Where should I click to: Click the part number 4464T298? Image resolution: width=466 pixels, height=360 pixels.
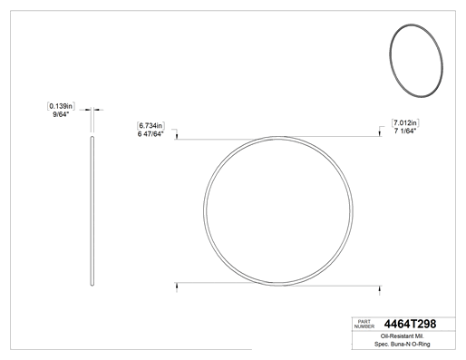[x=410, y=324]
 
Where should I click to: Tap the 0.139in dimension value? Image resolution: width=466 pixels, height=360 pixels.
[x=61, y=106]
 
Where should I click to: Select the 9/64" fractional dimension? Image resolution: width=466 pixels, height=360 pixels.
[x=61, y=114]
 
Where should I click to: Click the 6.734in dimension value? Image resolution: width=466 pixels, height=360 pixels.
[x=150, y=125]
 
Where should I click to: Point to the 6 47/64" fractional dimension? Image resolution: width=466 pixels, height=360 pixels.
[x=150, y=134]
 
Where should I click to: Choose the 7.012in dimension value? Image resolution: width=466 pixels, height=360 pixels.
[x=405, y=122]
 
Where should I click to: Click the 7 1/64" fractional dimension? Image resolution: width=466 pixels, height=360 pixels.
[x=405, y=131]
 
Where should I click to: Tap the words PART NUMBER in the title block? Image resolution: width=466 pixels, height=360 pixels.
[x=364, y=324]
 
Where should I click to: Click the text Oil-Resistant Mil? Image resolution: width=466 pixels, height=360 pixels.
[x=403, y=336]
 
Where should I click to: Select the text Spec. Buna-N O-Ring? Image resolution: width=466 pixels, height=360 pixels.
[x=403, y=344]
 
